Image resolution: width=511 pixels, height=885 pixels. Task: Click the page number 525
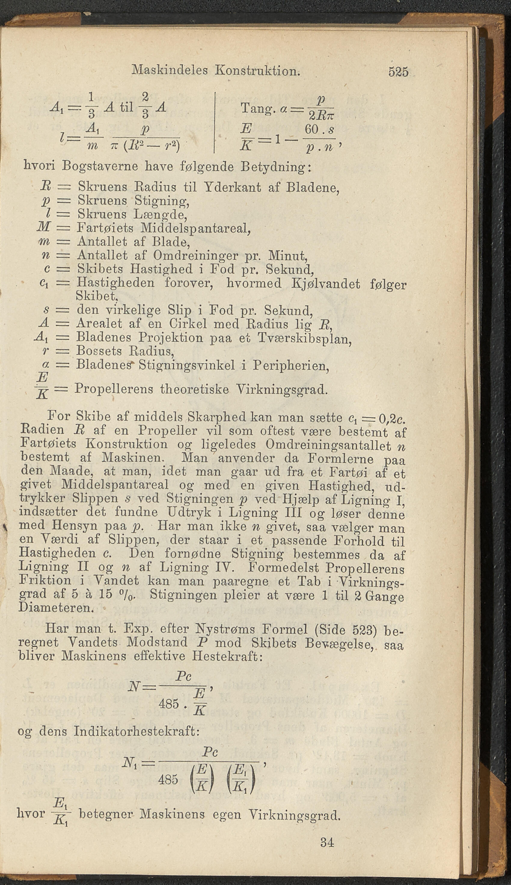(x=398, y=72)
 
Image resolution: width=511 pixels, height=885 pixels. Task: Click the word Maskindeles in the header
(x=170, y=70)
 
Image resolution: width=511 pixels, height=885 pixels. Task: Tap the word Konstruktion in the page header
(x=258, y=71)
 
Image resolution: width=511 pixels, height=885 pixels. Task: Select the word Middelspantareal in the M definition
(x=195, y=228)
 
